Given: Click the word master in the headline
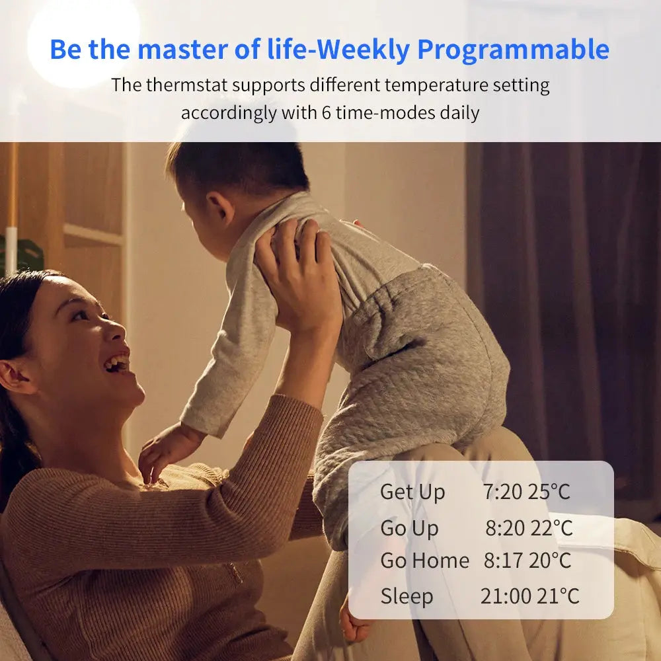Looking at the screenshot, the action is click(182, 50).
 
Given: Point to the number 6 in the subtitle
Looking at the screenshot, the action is click(327, 113).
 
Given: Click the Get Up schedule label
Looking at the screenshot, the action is click(412, 492).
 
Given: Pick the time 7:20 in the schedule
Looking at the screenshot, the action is click(502, 492).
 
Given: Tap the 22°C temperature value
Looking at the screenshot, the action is click(552, 527).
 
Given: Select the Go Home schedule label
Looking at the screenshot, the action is click(424, 561).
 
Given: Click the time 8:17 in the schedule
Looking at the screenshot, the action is click(502, 561).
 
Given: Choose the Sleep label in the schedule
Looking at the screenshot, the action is click(407, 597).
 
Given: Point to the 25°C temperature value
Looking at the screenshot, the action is click(549, 492).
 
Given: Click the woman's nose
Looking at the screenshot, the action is click(116, 331).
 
